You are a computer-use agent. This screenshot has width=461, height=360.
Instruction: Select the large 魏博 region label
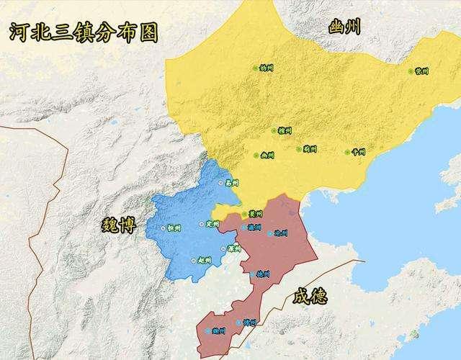(x=117, y=225)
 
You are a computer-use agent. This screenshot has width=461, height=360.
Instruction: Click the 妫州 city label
(x=267, y=68)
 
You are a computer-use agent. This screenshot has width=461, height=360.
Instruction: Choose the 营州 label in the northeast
(x=422, y=71)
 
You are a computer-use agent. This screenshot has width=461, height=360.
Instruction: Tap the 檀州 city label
(x=285, y=131)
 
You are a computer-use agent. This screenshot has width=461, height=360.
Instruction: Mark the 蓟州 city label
(x=310, y=149)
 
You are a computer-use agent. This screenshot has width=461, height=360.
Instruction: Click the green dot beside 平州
(x=347, y=152)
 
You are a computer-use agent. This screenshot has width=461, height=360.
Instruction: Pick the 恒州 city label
(x=173, y=228)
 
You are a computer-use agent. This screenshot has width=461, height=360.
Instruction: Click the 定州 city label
(x=212, y=225)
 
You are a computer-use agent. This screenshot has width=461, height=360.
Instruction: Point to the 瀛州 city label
(x=254, y=227)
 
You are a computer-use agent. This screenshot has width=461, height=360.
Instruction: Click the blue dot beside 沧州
(x=270, y=233)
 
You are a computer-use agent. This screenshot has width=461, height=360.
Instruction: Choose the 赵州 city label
(x=204, y=260)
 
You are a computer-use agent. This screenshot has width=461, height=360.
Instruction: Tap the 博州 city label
(x=250, y=323)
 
